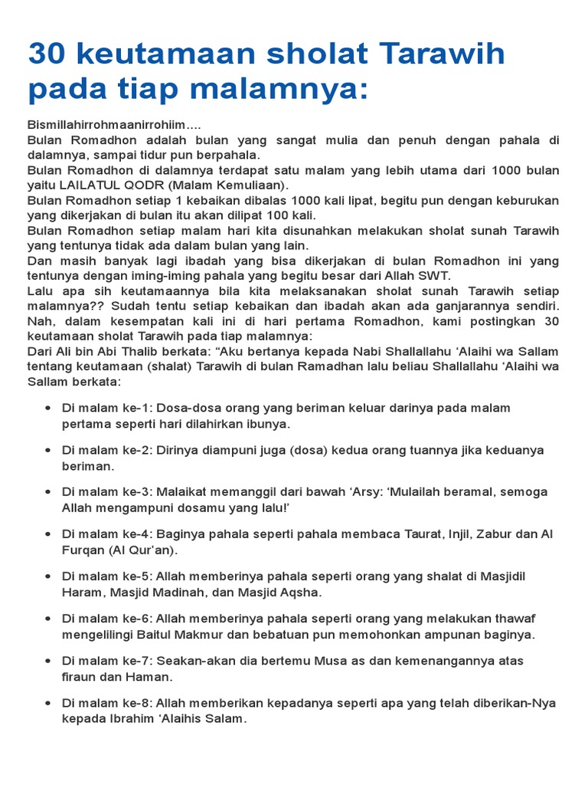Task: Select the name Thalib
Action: point(124,350)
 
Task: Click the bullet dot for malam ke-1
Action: point(48,408)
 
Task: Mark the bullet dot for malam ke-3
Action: point(48,492)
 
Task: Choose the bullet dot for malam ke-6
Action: point(48,619)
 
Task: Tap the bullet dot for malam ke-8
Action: point(48,703)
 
